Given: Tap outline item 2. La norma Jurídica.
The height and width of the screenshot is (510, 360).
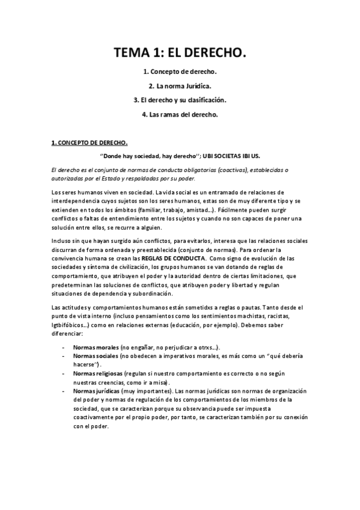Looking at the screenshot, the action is (180, 87).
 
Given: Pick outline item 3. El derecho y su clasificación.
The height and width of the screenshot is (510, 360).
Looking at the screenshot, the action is (180, 100).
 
